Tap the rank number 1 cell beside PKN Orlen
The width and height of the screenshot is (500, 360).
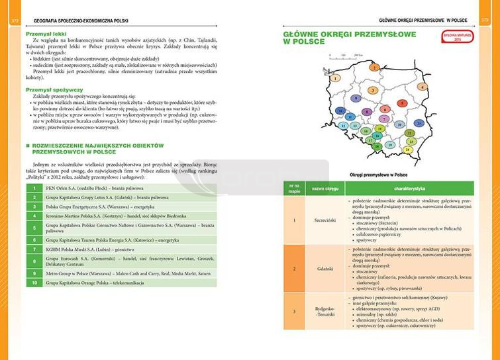[x=34, y=188]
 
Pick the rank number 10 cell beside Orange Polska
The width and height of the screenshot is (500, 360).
[x=34, y=283]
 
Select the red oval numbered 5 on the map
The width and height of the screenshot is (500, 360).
[x=401, y=103]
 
